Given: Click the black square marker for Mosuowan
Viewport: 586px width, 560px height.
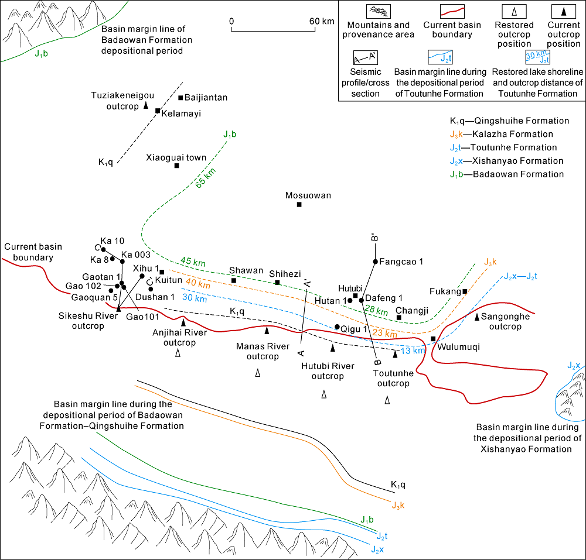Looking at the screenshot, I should click(299, 204).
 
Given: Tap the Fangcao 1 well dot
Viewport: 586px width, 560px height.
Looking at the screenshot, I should click(375, 261).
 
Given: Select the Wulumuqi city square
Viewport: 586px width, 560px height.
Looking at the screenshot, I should click(433, 339).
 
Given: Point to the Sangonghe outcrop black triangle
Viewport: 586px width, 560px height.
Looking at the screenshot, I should click(477, 317).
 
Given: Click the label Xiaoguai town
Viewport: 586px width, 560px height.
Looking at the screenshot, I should click(176, 157).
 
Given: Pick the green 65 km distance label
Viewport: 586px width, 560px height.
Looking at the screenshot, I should click(205, 178).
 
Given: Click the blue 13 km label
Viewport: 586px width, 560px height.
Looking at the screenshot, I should click(410, 350).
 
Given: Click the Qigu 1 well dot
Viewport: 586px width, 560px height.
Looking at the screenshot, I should click(337, 327).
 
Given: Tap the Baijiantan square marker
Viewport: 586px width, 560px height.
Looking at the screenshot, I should click(180, 97).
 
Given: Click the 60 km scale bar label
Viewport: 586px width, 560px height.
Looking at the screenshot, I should click(322, 21).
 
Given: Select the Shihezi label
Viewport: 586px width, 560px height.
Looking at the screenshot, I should click(285, 273).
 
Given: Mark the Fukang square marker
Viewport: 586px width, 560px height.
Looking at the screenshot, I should click(465, 291).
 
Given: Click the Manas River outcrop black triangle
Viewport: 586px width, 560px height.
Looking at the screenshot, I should click(267, 331).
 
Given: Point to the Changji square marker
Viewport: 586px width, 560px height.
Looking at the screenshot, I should click(399, 318).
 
